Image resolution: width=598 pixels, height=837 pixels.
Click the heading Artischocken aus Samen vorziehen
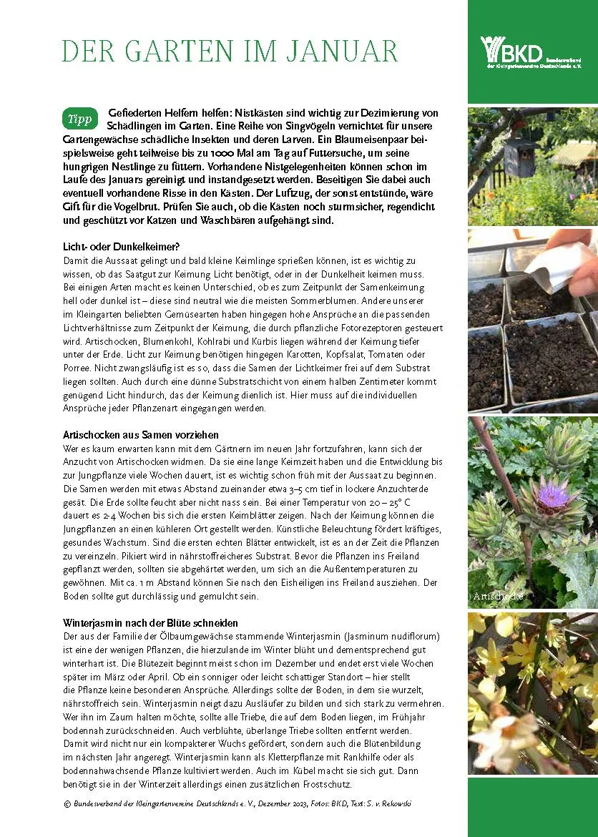(141, 434)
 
